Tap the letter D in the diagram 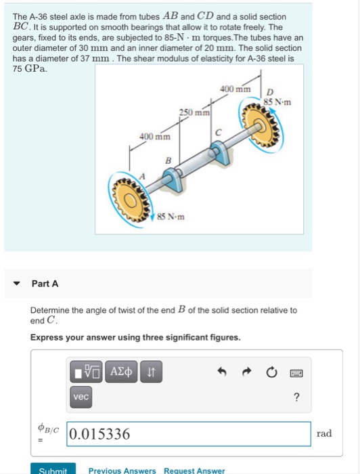pos(269,92)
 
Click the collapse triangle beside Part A pos(16,284)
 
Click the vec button pos(81,397)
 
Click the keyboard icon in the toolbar pos(296,372)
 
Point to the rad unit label pos(324,433)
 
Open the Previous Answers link pos(122,470)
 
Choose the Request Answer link pos(196,470)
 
